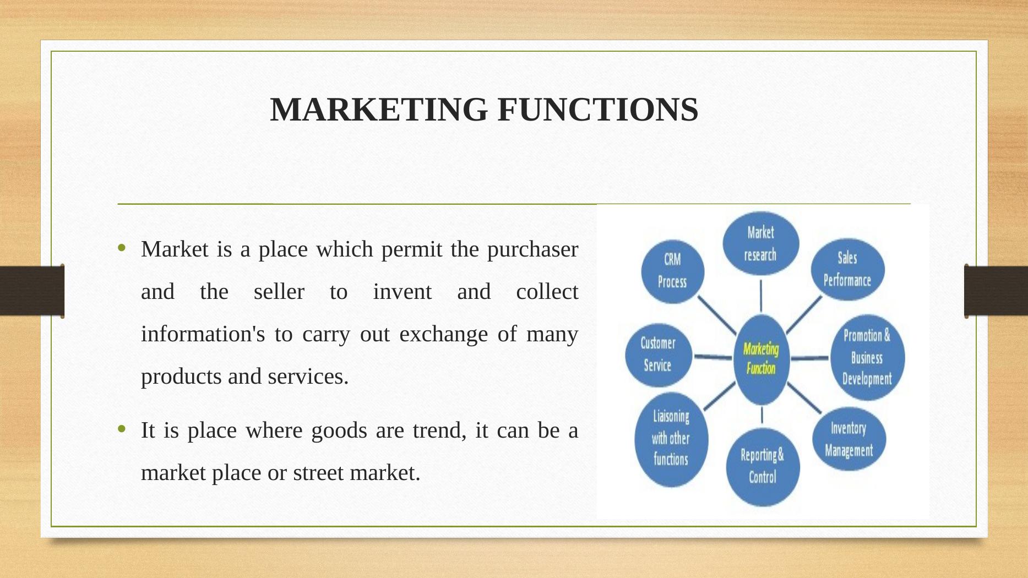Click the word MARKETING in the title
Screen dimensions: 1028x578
coord(379,109)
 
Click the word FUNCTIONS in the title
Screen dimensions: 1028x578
coord(598,109)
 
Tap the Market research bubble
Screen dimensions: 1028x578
coord(761,243)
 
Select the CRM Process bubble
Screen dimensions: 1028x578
coord(673,271)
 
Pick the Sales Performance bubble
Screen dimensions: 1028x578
coord(848,269)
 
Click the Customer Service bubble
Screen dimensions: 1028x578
coord(659,355)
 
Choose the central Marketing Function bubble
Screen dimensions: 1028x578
coord(762,359)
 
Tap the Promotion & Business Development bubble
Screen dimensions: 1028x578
coord(868,357)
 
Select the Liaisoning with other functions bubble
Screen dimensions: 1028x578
coord(671,439)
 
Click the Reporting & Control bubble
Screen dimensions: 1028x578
coord(763,467)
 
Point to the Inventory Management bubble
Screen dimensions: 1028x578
coord(849,439)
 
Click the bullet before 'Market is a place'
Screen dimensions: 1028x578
coord(122,249)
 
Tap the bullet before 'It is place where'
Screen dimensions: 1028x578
coord(122,429)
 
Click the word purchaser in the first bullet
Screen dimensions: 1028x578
coord(532,250)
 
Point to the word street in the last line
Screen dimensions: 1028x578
coord(318,473)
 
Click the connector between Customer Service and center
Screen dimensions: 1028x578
coord(713,357)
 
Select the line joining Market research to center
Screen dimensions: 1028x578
coord(761,296)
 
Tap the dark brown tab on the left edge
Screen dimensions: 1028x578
coord(32,291)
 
